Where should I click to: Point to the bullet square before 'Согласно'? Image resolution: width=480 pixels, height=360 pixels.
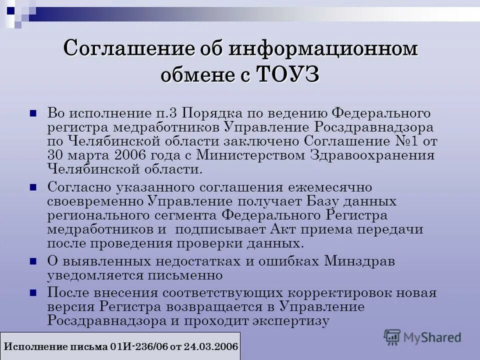(x=34, y=187)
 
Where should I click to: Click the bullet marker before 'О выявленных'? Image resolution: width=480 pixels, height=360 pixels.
(x=34, y=261)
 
